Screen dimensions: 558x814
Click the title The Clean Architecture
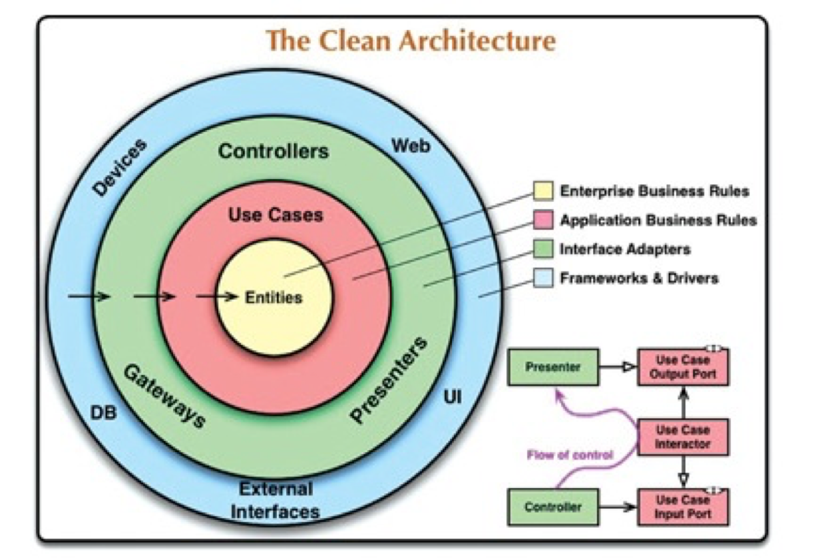click(x=411, y=41)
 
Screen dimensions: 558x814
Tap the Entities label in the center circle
click(x=273, y=298)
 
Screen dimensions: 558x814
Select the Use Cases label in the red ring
click(x=275, y=214)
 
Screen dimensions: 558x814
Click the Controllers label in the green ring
click(x=274, y=151)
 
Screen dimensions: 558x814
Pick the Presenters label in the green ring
click(x=388, y=380)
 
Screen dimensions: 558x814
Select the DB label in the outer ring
click(x=103, y=413)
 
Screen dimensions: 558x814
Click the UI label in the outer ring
click(x=453, y=398)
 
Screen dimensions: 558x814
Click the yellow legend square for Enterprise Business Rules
click(x=542, y=192)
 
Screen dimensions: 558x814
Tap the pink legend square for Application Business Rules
click(x=542, y=220)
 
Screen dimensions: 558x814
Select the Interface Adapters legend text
click(x=625, y=249)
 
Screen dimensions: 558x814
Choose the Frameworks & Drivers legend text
click(x=639, y=278)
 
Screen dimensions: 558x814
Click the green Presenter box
click(x=552, y=366)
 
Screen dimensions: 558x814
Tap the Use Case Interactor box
click(x=683, y=437)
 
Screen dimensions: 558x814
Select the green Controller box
click(x=552, y=507)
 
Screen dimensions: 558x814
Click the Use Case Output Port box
click(x=683, y=366)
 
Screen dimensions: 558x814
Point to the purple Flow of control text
click(x=570, y=456)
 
